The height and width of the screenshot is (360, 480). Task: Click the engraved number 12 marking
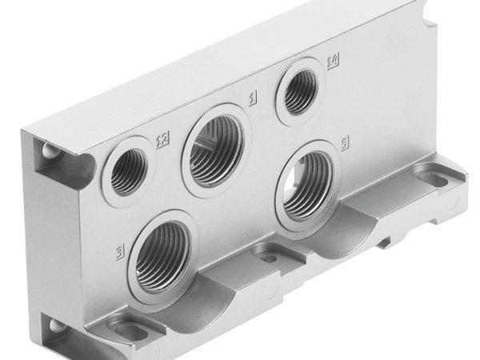[161, 142]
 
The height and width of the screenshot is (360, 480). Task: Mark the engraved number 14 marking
[333, 60]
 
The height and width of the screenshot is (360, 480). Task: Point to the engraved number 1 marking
[252, 98]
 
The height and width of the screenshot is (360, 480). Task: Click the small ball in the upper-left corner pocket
[49, 152]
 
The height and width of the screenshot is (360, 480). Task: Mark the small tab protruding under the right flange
[387, 240]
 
